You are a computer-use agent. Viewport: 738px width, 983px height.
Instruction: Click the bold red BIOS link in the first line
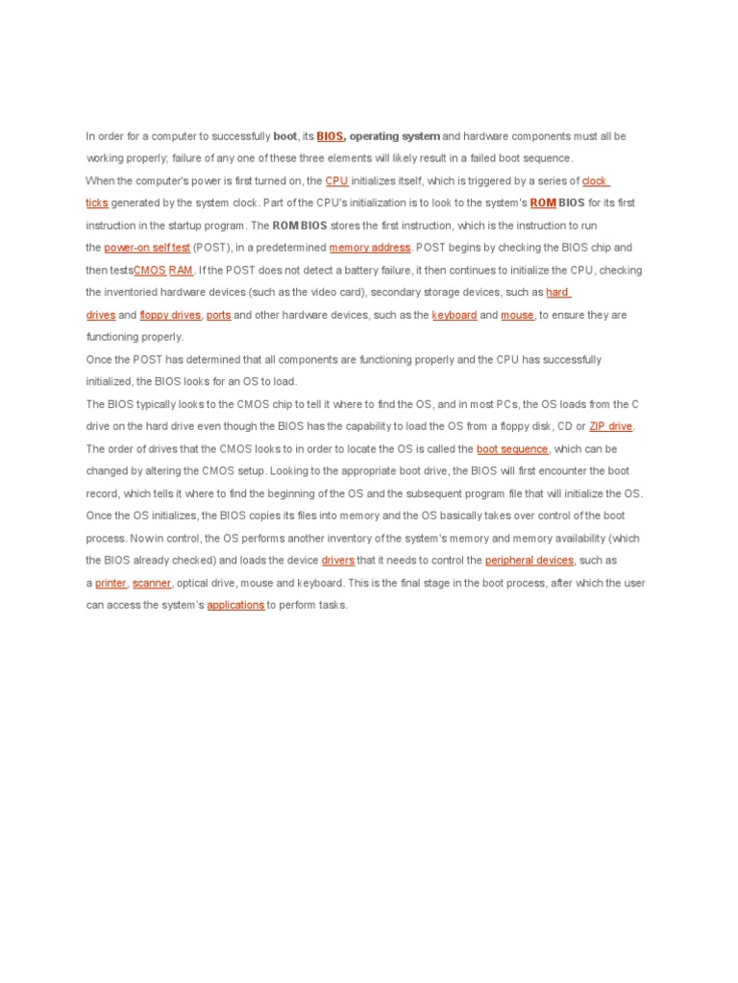click(x=330, y=136)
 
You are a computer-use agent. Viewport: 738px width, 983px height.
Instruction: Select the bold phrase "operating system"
click(x=395, y=136)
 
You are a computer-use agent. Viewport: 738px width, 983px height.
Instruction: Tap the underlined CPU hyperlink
click(x=336, y=180)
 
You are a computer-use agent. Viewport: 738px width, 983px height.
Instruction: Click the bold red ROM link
click(x=543, y=203)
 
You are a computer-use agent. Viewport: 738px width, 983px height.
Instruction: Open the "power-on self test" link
click(x=147, y=248)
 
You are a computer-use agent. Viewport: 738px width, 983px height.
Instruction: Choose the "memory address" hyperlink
click(x=370, y=248)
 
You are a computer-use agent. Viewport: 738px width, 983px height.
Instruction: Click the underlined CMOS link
click(x=149, y=270)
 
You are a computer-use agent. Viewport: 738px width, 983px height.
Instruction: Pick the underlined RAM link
click(x=181, y=270)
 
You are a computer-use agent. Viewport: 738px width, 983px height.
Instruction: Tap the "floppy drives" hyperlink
click(x=170, y=315)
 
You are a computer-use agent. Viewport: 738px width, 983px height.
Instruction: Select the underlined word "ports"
click(x=218, y=315)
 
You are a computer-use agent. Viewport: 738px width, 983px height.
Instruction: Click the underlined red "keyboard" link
click(x=455, y=315)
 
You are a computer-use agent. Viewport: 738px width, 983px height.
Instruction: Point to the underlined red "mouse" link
click(x=517, y=315)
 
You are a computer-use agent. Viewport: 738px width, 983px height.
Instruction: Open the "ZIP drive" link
click(x=611, y=426)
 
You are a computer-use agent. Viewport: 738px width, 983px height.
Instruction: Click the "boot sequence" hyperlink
click(x=512, y=448)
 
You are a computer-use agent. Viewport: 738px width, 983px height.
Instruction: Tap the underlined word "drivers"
click(x=337, y=561)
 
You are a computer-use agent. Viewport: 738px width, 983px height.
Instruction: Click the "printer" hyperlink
click(x=111, y=583)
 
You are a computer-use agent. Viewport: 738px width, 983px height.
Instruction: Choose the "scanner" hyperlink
click(x=152, y=583)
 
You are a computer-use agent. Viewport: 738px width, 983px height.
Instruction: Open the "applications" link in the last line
click(x=235, y=606)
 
